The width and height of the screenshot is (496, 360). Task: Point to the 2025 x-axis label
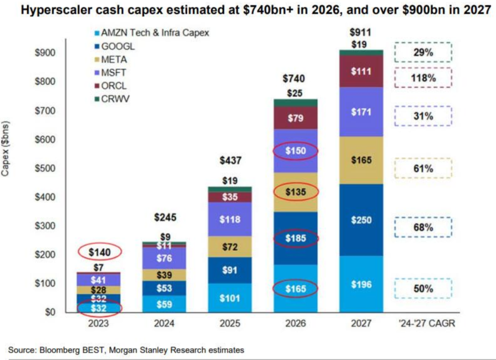(x=230, y=323)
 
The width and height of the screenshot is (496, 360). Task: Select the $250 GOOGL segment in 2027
(x=361, y=220)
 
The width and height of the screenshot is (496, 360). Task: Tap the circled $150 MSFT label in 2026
(x=295, y=151)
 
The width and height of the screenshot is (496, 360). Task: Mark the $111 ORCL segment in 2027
(x=361, y=72)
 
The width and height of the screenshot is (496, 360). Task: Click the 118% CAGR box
(x=423, y=78)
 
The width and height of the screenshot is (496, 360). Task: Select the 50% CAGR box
(x=423, y=289)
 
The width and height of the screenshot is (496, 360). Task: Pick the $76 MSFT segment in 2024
(x=164, y=257)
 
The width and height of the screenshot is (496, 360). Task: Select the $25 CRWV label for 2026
(x=295, y=93)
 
